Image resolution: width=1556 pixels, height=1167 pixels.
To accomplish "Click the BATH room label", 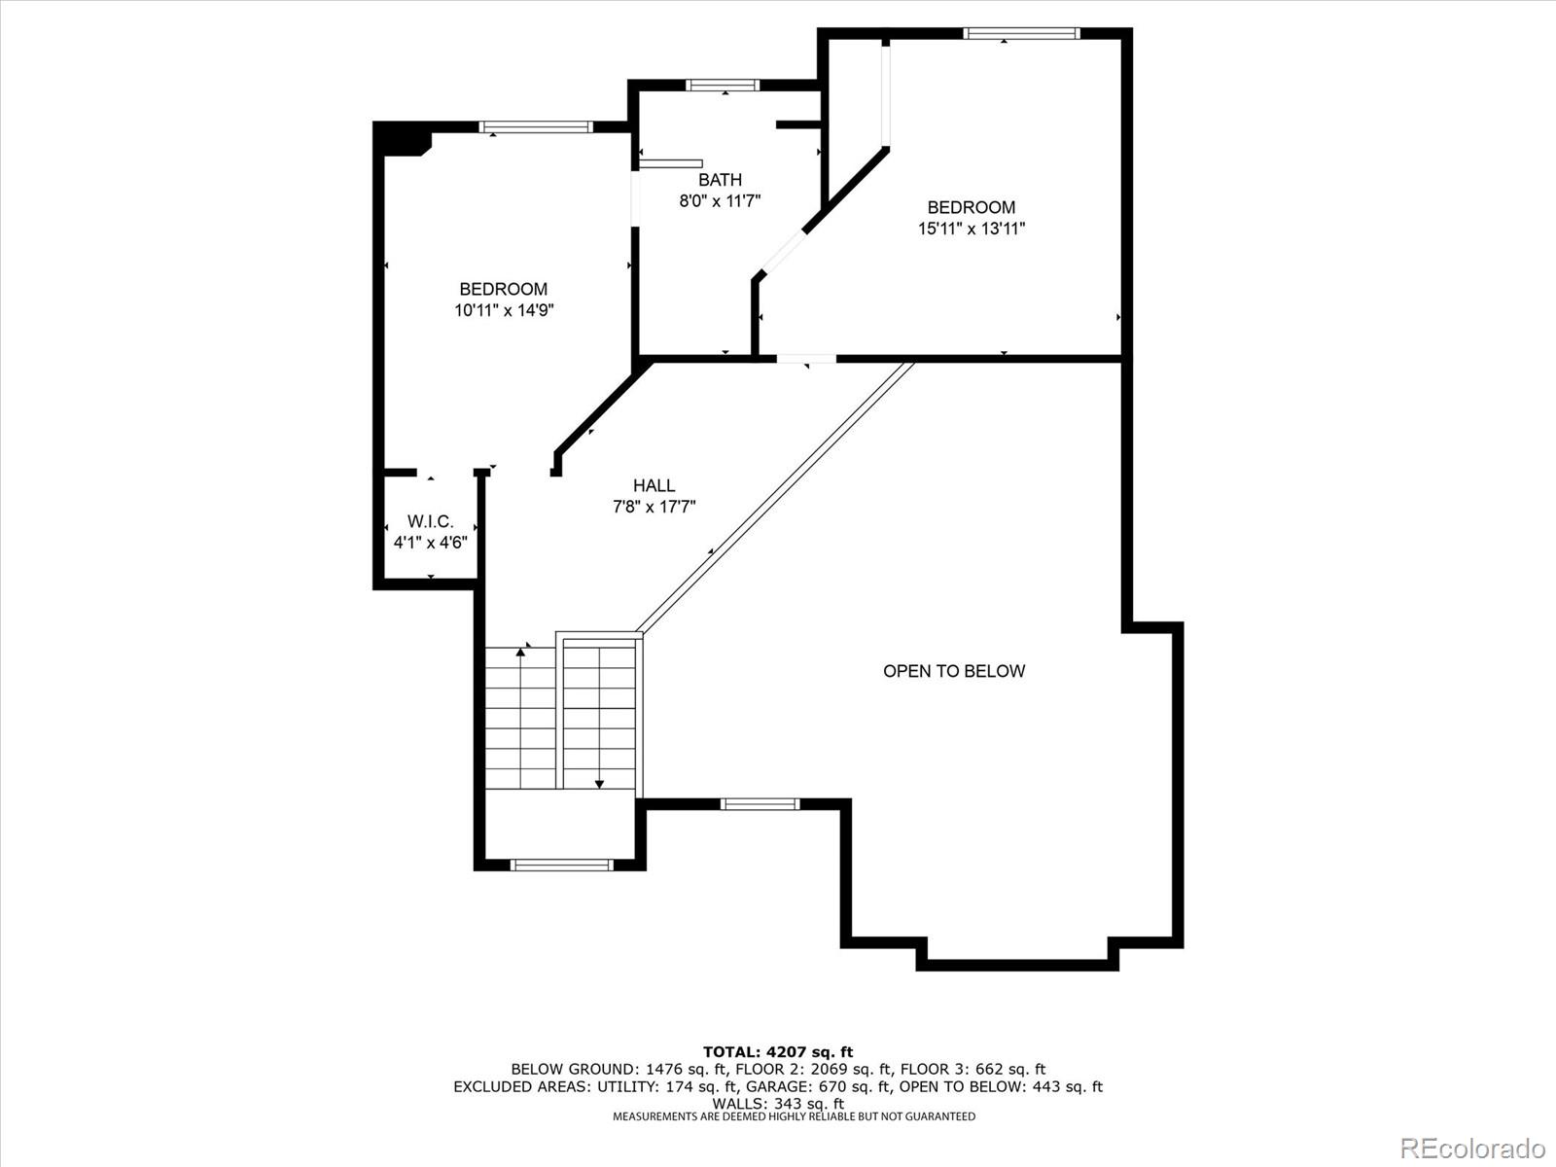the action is pyautogui.click(x=720, y=180).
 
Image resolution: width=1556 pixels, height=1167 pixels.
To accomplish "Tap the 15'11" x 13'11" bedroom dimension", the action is pyautogui.click(x=972, y=229).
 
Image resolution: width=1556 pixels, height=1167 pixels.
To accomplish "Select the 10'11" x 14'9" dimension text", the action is pyautogui.click(x=504, y=310).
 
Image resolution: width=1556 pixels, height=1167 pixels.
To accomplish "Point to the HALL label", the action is pyautogui.click(x=654, y=486).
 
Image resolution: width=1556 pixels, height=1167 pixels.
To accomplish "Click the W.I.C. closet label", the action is pyautogui.click(x=430, y=522).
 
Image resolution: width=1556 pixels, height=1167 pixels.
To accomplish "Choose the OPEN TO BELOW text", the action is pyautogui.click(x=953, y=671).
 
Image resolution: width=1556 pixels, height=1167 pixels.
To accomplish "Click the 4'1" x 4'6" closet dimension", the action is pyautogui.click(x=430, y=543).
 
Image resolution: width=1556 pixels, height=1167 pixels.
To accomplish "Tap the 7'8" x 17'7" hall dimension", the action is pyautogui.click(x=654, y=507).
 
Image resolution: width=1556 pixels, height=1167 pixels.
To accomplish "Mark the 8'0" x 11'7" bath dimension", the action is pyautogui.click(x=720, y=201).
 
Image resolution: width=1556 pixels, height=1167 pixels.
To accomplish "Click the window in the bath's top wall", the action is pyautogui.click(x=723, y=86).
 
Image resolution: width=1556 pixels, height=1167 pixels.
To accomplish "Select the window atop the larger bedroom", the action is pyautogui.click(x=1021, y=33).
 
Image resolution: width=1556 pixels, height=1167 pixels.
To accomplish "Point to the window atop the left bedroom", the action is pyautogui.click(x=535, y=127).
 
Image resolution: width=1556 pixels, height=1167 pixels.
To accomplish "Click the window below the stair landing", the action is pyautogui.click(x=561, y=865).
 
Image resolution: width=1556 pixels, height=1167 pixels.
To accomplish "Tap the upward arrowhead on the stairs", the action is pyautogui.click(x=521, y=652).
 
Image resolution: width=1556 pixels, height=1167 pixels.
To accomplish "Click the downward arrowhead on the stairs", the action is pyautogui.click(x=599, y=784).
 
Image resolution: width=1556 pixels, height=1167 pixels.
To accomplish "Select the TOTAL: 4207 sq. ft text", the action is pyautogui.click(x=778, y=1052).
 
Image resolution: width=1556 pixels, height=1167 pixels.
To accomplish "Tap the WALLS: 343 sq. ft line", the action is pyautogui.click(x=778, y=1104).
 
